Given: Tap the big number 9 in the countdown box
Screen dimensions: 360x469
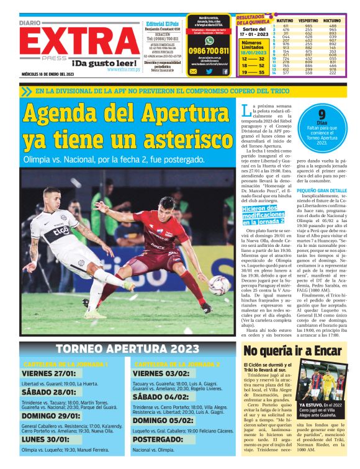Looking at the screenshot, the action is [322, 114].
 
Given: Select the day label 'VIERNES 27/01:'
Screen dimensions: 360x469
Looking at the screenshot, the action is [49, 374].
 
